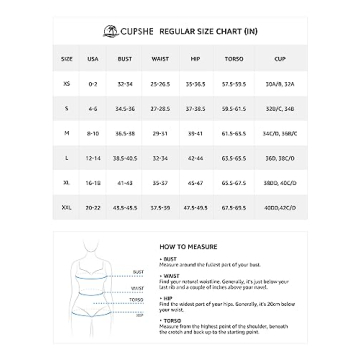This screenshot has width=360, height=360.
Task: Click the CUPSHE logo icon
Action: click(x=124, y=30)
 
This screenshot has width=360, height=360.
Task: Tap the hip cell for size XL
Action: click(x=195, y=183)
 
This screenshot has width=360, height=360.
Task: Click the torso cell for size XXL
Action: click(x=233, y=207)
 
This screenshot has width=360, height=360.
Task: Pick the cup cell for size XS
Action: click(x=279, y=83)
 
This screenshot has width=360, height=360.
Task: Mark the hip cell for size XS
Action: click(x=195, y=83)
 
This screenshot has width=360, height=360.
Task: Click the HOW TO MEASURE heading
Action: click(x=180, y=243)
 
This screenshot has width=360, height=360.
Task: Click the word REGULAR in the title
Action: click(x=176, y=30)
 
